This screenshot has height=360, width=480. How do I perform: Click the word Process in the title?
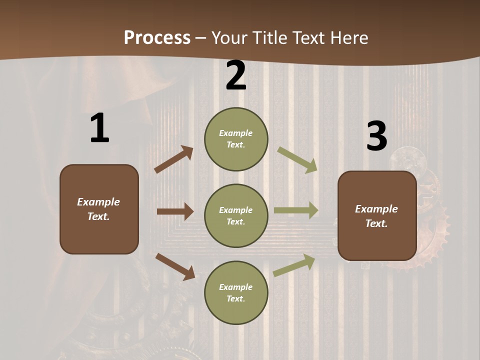pos(157,37)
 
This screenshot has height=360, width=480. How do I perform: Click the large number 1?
pos(99,128)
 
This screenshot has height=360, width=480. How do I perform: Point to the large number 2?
pos(236,76)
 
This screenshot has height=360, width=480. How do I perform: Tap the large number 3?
pos(376,136)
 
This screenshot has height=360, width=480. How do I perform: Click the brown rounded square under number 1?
pos(99,209)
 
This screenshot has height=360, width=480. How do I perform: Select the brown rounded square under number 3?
pos(377,216)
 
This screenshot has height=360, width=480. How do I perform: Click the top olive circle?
pos(236,139)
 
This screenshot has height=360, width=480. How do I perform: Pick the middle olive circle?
pos(236,216)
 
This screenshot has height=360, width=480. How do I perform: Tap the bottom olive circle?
pos(236,293)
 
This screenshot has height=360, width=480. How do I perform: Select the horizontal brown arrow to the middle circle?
pos(175,211)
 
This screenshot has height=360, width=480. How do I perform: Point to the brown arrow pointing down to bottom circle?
pos(175,266)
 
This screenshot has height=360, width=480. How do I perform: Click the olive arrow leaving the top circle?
pos(297,160)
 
